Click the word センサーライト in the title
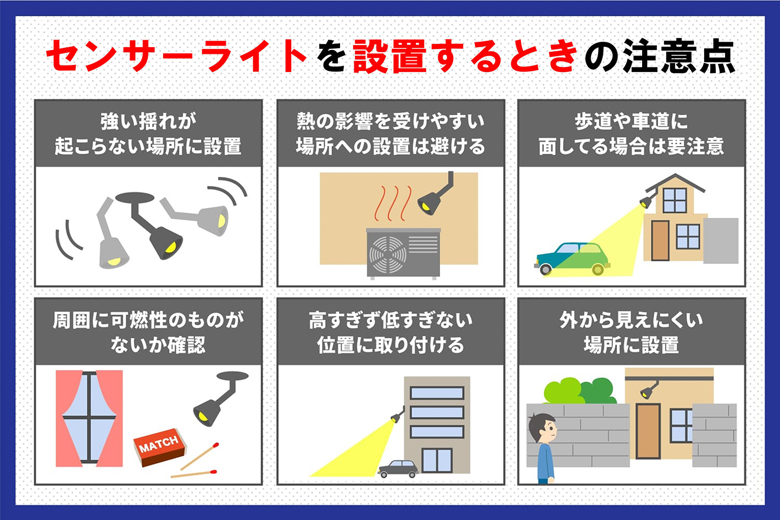[176, 56]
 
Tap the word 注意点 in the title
[679, 56]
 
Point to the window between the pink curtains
[89, 417]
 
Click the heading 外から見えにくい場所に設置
[631, 332]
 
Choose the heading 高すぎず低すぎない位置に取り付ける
[391, 332]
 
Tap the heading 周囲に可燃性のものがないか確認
[148, 332]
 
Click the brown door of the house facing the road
[660, 241]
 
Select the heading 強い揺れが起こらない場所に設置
[148, 133]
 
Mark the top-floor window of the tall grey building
[437, 393]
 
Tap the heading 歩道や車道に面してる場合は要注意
[631, 133]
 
